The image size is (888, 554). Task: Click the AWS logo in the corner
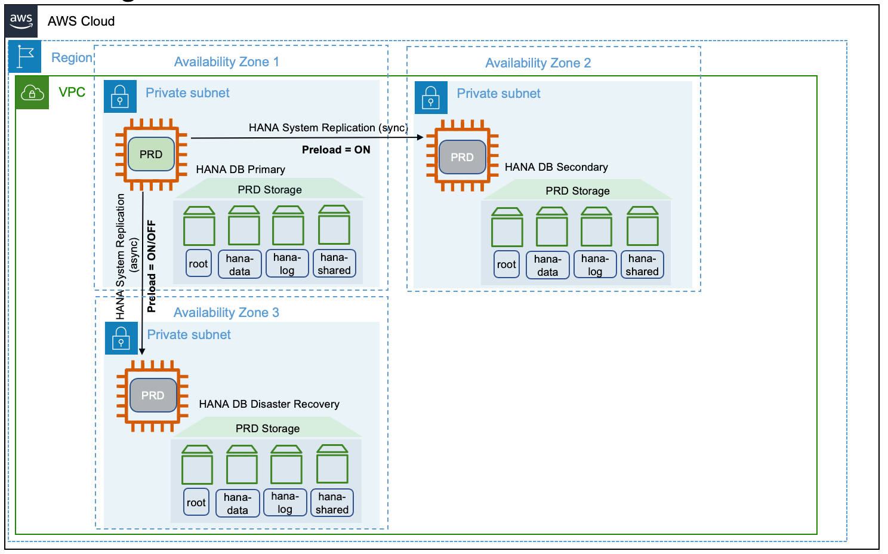21,21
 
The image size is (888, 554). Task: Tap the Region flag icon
25,57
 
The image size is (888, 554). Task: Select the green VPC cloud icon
32,93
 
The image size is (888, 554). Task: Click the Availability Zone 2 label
538,63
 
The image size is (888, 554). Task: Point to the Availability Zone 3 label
226,313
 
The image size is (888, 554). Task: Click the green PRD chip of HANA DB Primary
151,155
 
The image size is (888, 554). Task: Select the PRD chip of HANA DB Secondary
462,157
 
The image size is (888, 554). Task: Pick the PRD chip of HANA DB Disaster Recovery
153,395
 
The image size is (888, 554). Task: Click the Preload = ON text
336,150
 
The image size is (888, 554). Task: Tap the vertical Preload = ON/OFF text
152,266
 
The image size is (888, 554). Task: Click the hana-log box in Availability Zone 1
287,264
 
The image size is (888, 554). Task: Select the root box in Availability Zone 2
507,264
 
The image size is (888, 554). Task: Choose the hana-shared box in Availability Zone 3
332,503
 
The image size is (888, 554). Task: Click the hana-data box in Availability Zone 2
547,265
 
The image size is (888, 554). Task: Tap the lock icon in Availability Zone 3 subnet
121,338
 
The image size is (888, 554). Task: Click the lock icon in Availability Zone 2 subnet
431,97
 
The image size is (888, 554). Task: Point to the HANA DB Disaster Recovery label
269,404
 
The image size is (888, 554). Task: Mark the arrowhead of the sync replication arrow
421,137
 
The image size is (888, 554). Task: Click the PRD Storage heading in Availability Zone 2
578,191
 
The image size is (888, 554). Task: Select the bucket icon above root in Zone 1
199,226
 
